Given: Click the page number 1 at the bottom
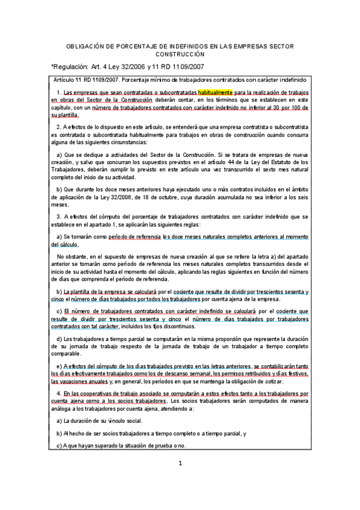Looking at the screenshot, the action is [180, 463].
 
